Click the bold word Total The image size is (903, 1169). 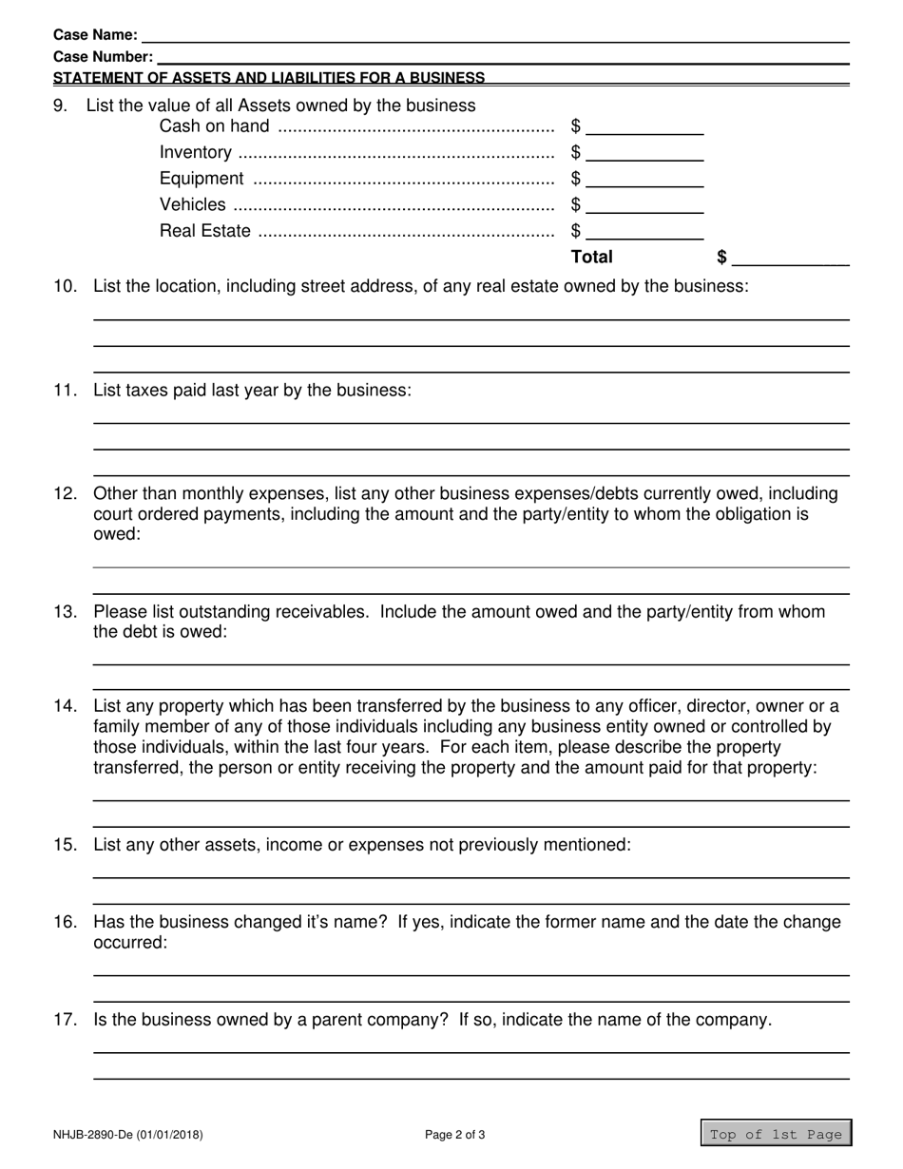(x=591, y=257)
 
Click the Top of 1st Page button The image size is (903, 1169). (x=776, y=1134)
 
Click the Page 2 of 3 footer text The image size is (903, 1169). (x=455, y=1134)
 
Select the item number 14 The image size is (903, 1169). (x=66, y=706)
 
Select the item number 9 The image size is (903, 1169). (x=61, y=105)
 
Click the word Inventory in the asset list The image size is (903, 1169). (x=195, y=153)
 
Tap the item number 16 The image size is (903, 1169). (x=66, y=922)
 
